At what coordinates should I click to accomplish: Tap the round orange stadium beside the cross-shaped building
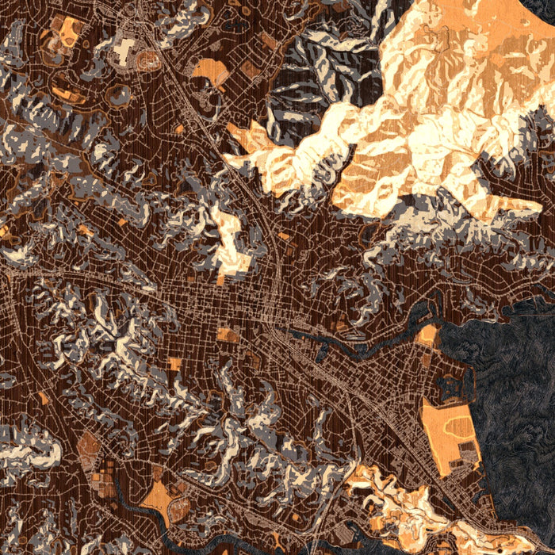coord(147,59)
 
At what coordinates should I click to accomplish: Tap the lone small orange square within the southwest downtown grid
coord(174,364)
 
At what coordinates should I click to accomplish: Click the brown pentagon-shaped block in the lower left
coord(89,444)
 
